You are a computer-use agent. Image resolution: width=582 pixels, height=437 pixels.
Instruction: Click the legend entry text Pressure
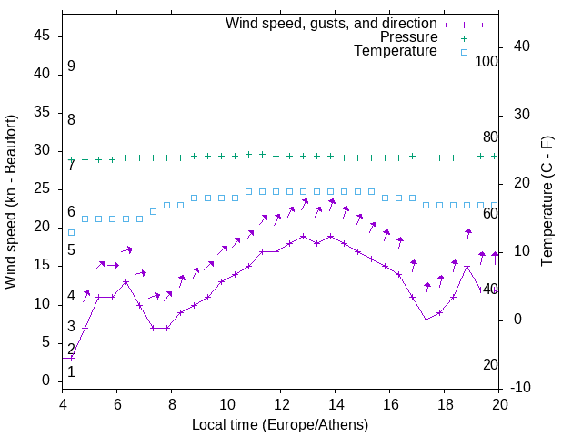[x=408, y=37]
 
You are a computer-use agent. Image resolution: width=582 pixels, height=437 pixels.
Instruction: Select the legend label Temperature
[x=396, y=51]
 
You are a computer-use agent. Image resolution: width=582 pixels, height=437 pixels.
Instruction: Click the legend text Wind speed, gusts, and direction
[x=331, y=23]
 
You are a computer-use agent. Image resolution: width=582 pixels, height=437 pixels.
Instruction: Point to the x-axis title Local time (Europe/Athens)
[x=280, y=424]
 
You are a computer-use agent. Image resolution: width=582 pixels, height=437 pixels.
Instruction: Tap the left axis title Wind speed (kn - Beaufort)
[x=11, y=202]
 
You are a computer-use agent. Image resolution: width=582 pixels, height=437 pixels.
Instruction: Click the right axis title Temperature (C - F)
[x=547, y=202]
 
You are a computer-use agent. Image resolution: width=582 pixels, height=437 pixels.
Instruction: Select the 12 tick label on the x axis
[x=281, y=404]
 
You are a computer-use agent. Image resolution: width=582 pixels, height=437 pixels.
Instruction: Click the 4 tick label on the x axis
[x=63, y=404]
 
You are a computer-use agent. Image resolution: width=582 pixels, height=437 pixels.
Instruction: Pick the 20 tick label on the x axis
[x=499, y=404]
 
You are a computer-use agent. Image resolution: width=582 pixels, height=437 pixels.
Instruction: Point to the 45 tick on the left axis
[x=42, y=36]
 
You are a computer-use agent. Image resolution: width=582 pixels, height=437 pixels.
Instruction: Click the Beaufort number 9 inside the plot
[x=71, y=66]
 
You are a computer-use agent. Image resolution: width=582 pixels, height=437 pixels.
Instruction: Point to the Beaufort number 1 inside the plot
[x=71, y=371]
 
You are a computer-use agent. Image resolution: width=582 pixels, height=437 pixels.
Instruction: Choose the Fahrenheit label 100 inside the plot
[x=487, y=62]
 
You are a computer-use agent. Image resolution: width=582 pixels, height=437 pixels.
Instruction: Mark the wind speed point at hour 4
[x=72, y=358]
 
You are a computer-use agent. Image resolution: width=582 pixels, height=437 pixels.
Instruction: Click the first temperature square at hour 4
[x=72, y=232]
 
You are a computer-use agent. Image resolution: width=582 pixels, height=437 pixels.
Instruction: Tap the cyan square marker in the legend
[x=464, y=52]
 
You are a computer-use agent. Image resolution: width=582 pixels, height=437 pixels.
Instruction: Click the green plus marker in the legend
[x=464, y=38]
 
